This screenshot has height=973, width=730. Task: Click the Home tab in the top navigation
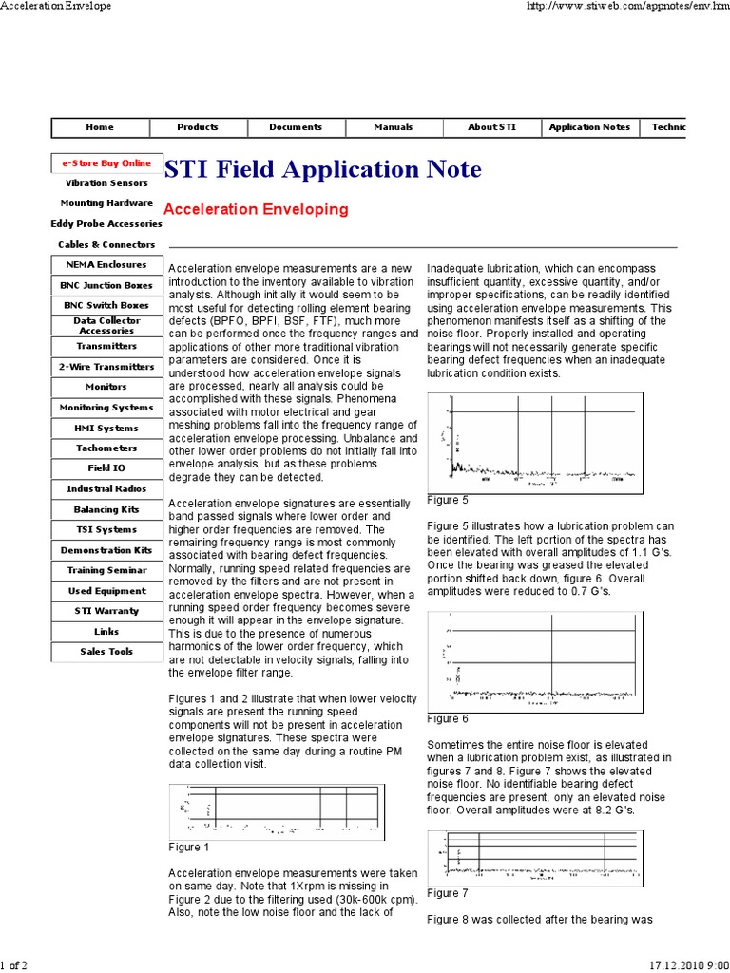[100, 127]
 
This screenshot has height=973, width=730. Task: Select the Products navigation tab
[198, 127]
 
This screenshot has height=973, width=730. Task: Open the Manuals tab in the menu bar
[394, 127]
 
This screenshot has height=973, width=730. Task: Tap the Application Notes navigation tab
[589, 127]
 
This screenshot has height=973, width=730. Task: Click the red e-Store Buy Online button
[106, 163]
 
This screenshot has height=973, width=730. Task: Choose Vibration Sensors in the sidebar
[106, 182]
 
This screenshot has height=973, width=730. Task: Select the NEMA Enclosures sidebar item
[106, 265]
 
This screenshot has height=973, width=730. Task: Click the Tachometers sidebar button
[106, 448]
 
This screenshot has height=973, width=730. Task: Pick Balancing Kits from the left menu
[106, 510]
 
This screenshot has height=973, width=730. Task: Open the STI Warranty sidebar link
[106, 611]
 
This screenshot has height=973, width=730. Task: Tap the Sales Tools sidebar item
[106, 652]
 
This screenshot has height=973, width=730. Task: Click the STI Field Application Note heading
[323, 170]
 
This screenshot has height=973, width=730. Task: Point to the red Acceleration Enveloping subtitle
[256, 208]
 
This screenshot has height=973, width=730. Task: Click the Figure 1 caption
[188, 848]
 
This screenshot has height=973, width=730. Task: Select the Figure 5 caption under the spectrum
[448, 499]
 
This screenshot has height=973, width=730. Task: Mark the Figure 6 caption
[448, 719]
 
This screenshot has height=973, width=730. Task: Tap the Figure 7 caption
[448, 893]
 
